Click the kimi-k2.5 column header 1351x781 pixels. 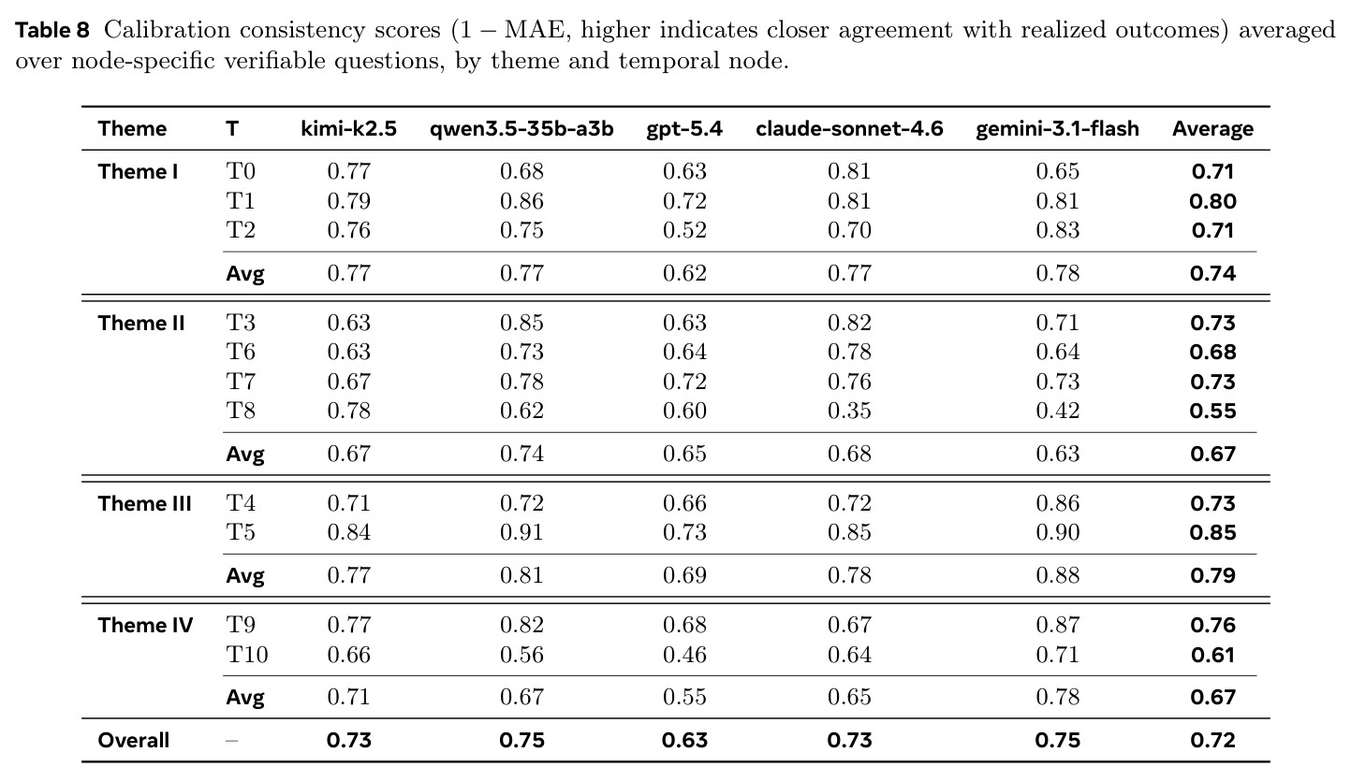(348, 128)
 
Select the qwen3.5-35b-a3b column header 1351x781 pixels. (521, 128)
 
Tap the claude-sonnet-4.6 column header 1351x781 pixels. (849, 128)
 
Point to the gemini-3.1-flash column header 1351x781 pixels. (1057, 128)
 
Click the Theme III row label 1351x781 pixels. (145, 503)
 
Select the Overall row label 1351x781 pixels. (133, 740)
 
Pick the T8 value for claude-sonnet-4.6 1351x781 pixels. (849, 411)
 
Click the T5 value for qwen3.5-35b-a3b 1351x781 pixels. (521, 532)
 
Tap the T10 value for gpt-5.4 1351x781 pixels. (684, 655)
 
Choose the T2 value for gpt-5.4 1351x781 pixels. (684, 230)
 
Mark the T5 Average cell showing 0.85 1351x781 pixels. (1212, 532)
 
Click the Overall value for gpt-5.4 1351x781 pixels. (684, 740)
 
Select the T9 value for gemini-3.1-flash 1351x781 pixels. (1057, 625)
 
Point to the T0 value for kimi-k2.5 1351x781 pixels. (348, 171)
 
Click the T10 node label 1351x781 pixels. (247, 655)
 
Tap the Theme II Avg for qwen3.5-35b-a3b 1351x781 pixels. (521, 454)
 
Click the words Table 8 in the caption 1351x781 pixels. (52, 30)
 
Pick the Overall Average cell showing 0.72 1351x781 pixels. (1212, 740)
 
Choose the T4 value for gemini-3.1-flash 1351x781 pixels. (1057, 503)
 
